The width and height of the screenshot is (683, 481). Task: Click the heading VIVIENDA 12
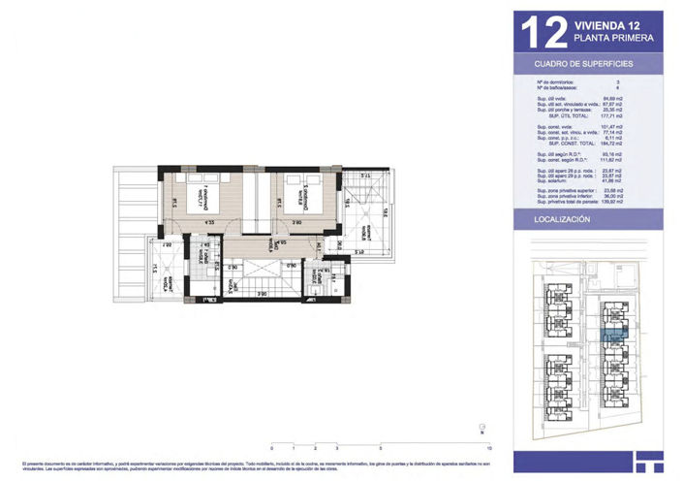(x=606, y=25)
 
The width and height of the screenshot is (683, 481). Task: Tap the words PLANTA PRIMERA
(x=613, y=39)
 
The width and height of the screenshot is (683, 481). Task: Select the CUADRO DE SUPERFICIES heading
(x=584, y=63)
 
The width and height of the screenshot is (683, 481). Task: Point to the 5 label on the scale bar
(x=381, y=450)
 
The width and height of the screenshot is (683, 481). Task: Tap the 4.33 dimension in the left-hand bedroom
(x=209, y=222)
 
